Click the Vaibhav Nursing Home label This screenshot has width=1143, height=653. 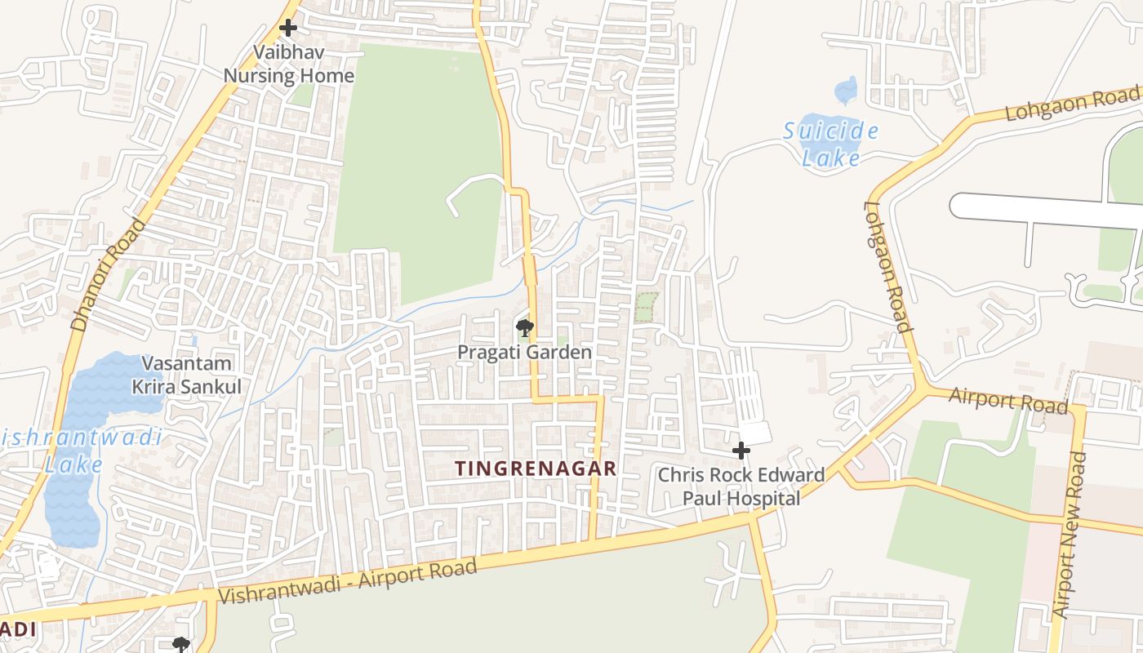[289, 64]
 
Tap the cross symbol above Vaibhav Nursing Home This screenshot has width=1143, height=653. [287, 29]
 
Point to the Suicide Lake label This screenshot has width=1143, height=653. [831, 144]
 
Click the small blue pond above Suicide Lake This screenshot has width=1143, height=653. [846, 90]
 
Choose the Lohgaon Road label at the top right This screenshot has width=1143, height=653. [1072, 103]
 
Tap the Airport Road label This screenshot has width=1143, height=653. [1009, 400]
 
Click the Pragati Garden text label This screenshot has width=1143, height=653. [524, 353]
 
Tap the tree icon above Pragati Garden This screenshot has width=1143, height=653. [524, 328]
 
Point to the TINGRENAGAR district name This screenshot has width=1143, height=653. [536, 469]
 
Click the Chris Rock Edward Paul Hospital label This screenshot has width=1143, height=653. [741, 486]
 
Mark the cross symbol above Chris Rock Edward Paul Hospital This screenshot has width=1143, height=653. [741, 451]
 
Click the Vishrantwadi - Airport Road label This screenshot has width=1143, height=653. [348, 582]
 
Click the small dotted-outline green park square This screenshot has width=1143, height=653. [647, 307]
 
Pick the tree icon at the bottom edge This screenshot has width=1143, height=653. [181, 646]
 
